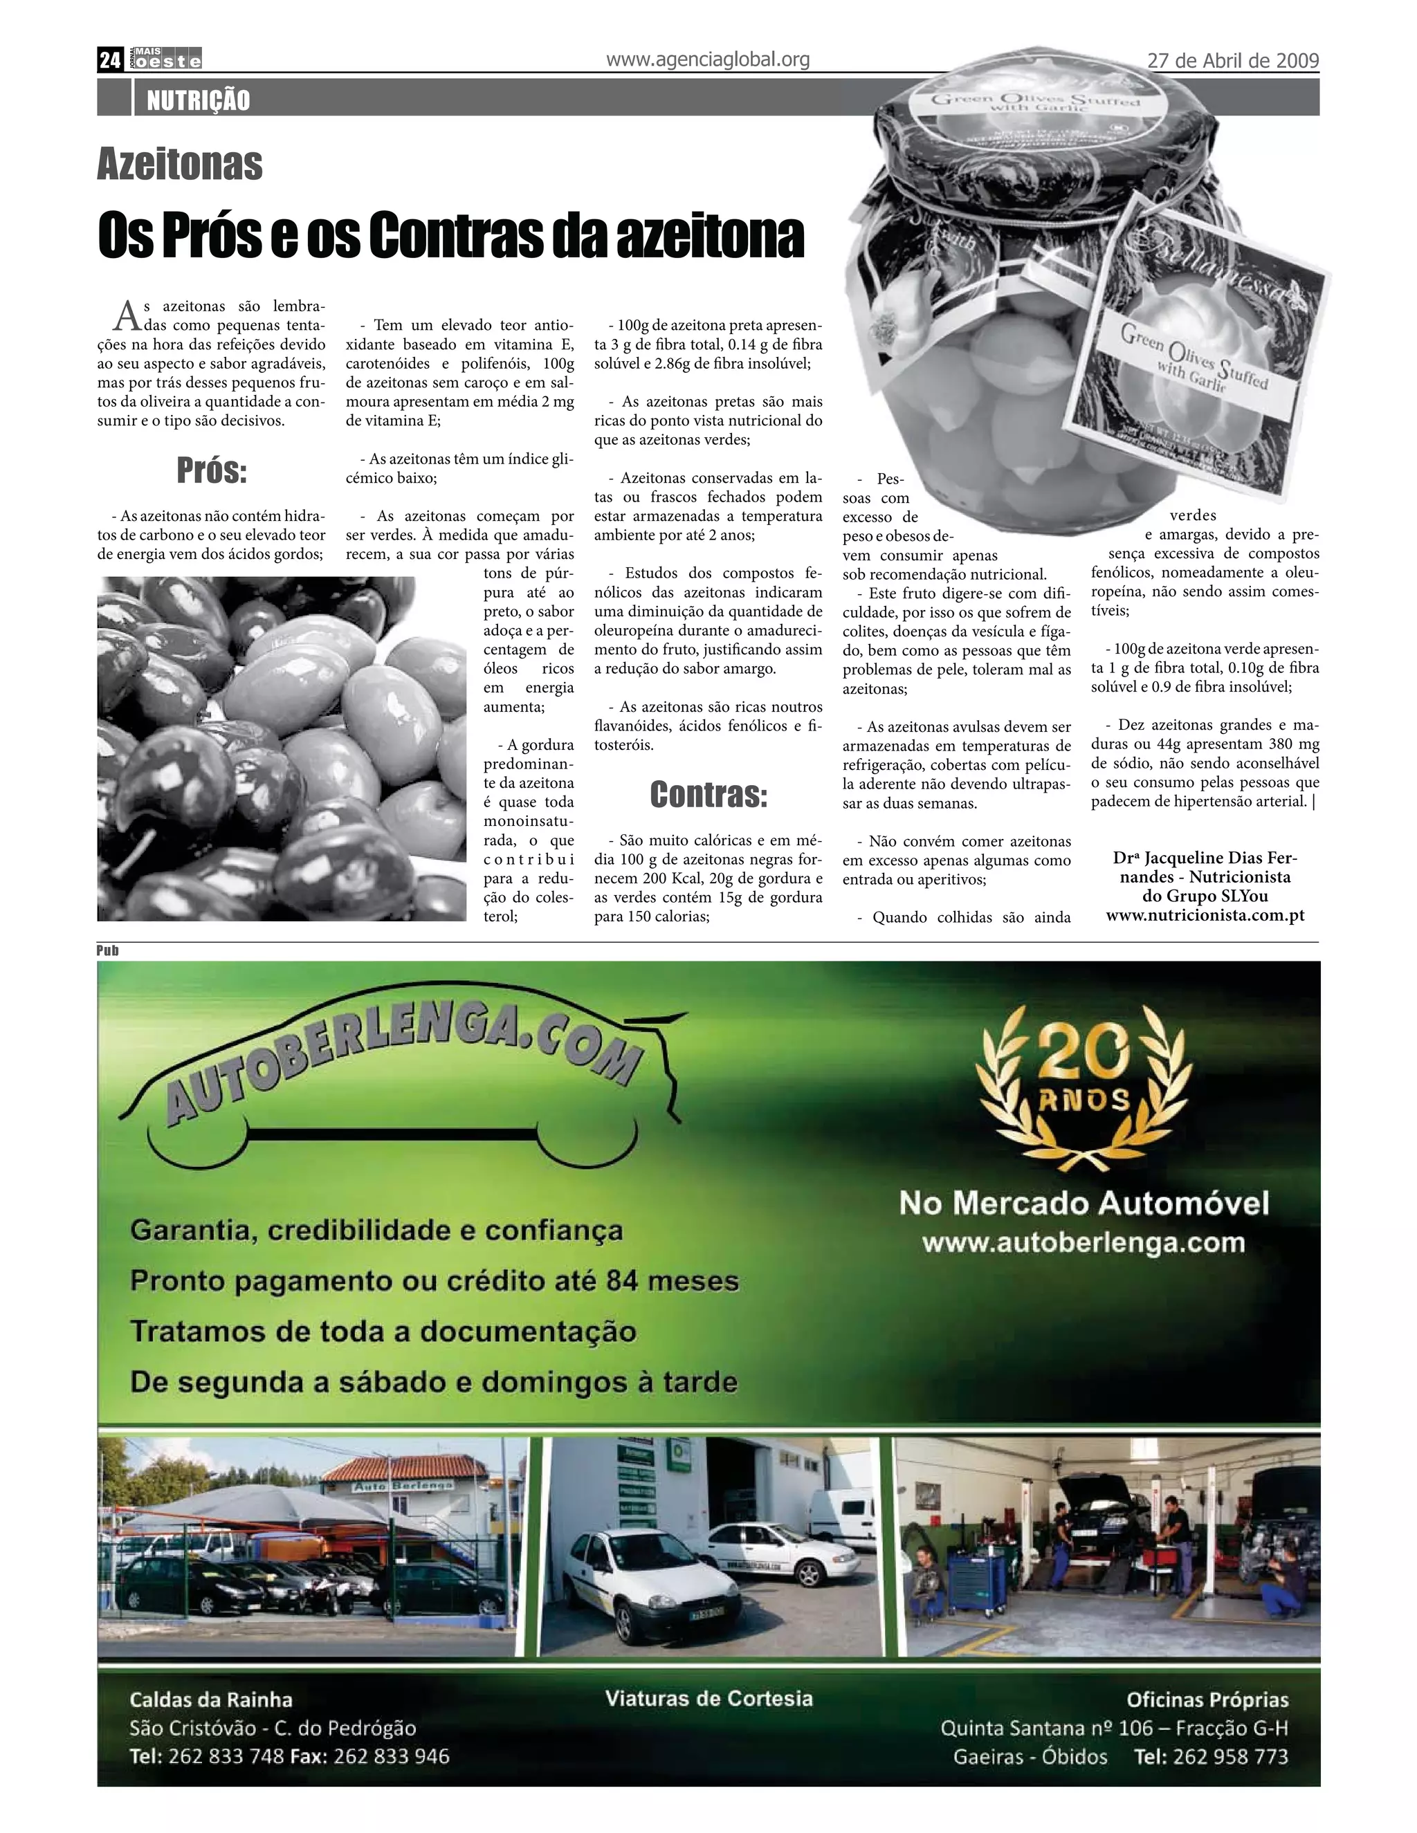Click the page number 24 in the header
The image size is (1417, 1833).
110,59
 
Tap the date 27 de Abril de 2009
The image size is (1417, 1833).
1232,60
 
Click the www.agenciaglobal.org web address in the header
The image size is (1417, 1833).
707,59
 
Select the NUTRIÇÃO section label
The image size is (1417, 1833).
198,101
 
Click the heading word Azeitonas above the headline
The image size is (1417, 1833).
180,164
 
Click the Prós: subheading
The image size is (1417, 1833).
212,472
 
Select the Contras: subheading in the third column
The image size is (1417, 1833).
708,794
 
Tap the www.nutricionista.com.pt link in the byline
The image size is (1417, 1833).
1205,915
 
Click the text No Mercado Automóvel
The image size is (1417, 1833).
1084,1203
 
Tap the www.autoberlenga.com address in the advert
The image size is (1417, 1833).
1083,1242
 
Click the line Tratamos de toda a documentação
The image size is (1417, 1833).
383,1332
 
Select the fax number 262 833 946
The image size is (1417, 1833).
391,1756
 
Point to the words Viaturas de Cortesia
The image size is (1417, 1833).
708,1699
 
